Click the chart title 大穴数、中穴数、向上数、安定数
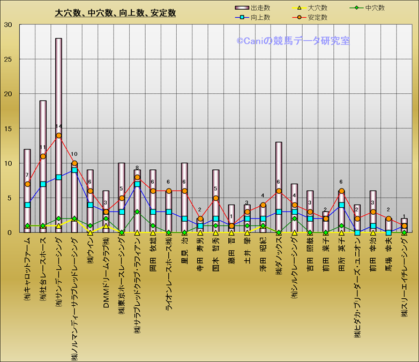[115, 13]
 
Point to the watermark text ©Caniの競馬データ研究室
[293, 40]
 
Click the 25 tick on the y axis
[8, 59]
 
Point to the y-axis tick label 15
[8, 129]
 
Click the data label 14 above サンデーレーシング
[58, 127]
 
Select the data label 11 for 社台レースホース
[43, 148]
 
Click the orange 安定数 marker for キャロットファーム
[27, 184]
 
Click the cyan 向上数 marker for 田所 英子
[341, 205]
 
